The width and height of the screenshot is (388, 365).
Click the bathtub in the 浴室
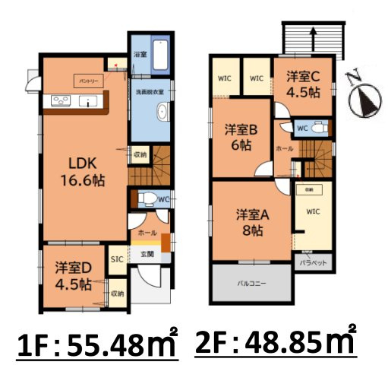click(159, 55)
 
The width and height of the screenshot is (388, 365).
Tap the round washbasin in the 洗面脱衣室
click(162, 114)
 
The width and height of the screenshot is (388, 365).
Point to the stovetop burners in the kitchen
click(58, 101)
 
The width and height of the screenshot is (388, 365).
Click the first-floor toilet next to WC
click(150, 199)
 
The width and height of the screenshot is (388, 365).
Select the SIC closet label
click(118, 259)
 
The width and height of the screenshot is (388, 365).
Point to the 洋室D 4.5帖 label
click(74, 276)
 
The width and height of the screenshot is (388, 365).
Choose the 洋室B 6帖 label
click(242, 138)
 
